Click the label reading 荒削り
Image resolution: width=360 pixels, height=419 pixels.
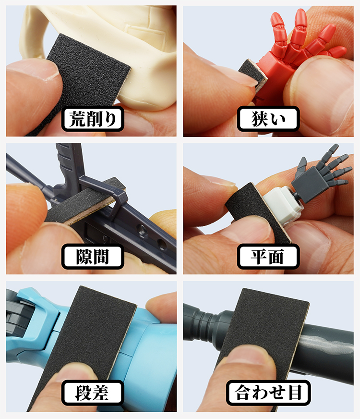(93, 119)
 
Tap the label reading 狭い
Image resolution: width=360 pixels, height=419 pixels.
(268, 119)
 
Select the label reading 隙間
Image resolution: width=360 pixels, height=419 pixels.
(93, 257)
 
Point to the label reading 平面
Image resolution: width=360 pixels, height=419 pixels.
(268, 257)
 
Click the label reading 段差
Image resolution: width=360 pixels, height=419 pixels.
(93, 393)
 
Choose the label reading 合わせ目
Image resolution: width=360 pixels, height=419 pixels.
(268, 393)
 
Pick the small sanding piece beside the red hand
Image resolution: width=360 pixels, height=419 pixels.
(253, 75)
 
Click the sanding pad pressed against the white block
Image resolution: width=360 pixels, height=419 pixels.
(256, 211)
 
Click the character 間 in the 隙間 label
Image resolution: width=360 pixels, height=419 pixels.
(101, 257)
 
